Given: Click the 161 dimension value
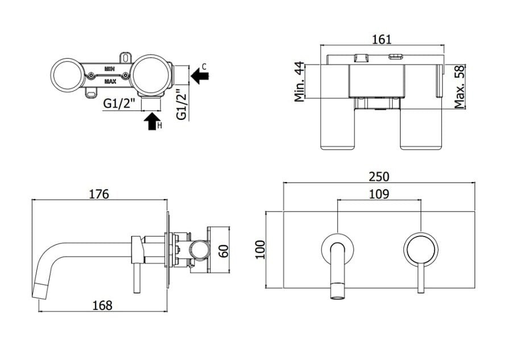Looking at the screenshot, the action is (381, 39).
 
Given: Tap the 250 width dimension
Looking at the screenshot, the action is (379, 177).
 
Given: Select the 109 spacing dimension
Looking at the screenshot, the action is (379, 195).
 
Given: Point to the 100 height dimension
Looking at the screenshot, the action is (260, 250).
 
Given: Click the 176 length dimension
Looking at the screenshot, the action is (99, 194).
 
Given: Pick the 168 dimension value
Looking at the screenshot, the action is (102, 305).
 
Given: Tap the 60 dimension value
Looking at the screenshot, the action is (224, 251).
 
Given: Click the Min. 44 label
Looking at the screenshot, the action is (299, 81).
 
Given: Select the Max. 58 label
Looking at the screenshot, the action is (459, 87).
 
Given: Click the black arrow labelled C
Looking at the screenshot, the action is (200, 76).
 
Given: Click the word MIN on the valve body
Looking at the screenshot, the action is (109, 69).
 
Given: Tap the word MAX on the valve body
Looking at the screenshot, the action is (110, 81).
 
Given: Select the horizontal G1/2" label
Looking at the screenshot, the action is (119, 104).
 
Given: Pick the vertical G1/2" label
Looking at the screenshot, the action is (181, 105).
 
